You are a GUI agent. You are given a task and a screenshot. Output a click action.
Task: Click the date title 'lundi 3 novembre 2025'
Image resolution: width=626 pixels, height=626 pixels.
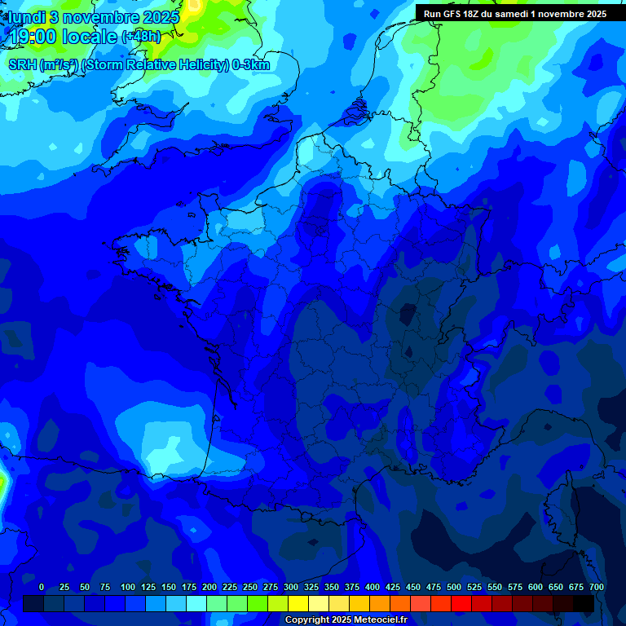pos(94,17)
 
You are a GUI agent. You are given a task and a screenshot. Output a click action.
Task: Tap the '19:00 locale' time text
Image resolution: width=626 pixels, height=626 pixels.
pos(64,37)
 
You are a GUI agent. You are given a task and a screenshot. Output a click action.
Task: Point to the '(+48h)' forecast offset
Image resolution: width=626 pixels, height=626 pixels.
pos(141,37)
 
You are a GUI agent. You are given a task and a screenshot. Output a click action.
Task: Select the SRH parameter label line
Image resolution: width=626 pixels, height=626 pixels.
pos(139,65)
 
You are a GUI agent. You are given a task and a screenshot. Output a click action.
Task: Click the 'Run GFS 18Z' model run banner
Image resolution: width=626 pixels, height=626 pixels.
pos(514,14)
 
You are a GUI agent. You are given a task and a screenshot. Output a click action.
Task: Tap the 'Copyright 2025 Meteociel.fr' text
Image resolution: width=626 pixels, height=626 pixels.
pos(345,619)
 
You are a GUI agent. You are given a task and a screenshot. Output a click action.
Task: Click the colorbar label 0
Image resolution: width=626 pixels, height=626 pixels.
pos(42,587)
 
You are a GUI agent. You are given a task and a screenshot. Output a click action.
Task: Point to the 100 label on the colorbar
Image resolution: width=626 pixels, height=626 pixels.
pos(128,587)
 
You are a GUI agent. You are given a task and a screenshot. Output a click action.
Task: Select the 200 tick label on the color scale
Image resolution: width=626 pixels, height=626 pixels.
pos(209,587)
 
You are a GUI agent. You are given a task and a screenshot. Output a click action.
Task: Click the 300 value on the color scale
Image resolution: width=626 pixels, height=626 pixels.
pos(291,587)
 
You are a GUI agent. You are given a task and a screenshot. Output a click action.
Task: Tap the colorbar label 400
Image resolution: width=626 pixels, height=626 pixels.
pos(373,587)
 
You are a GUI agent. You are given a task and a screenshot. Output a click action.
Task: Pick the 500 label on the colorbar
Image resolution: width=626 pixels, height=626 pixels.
pos(454,587)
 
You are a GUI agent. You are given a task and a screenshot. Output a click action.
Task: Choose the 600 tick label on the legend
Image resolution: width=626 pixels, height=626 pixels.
pos(536,587)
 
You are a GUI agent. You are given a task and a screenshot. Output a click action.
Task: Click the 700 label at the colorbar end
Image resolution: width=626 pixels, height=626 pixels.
pos(596,587)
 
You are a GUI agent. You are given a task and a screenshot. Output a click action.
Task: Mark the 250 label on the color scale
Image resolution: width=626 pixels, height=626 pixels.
pos(250,587)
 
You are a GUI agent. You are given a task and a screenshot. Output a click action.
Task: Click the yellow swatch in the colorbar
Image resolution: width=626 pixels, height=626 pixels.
pos(298,603)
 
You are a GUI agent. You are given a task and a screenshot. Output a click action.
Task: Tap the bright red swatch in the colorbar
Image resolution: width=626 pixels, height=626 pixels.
pos(461,603)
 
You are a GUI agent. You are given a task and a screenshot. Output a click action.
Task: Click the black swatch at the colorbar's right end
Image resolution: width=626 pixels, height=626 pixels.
pos(584,603)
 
